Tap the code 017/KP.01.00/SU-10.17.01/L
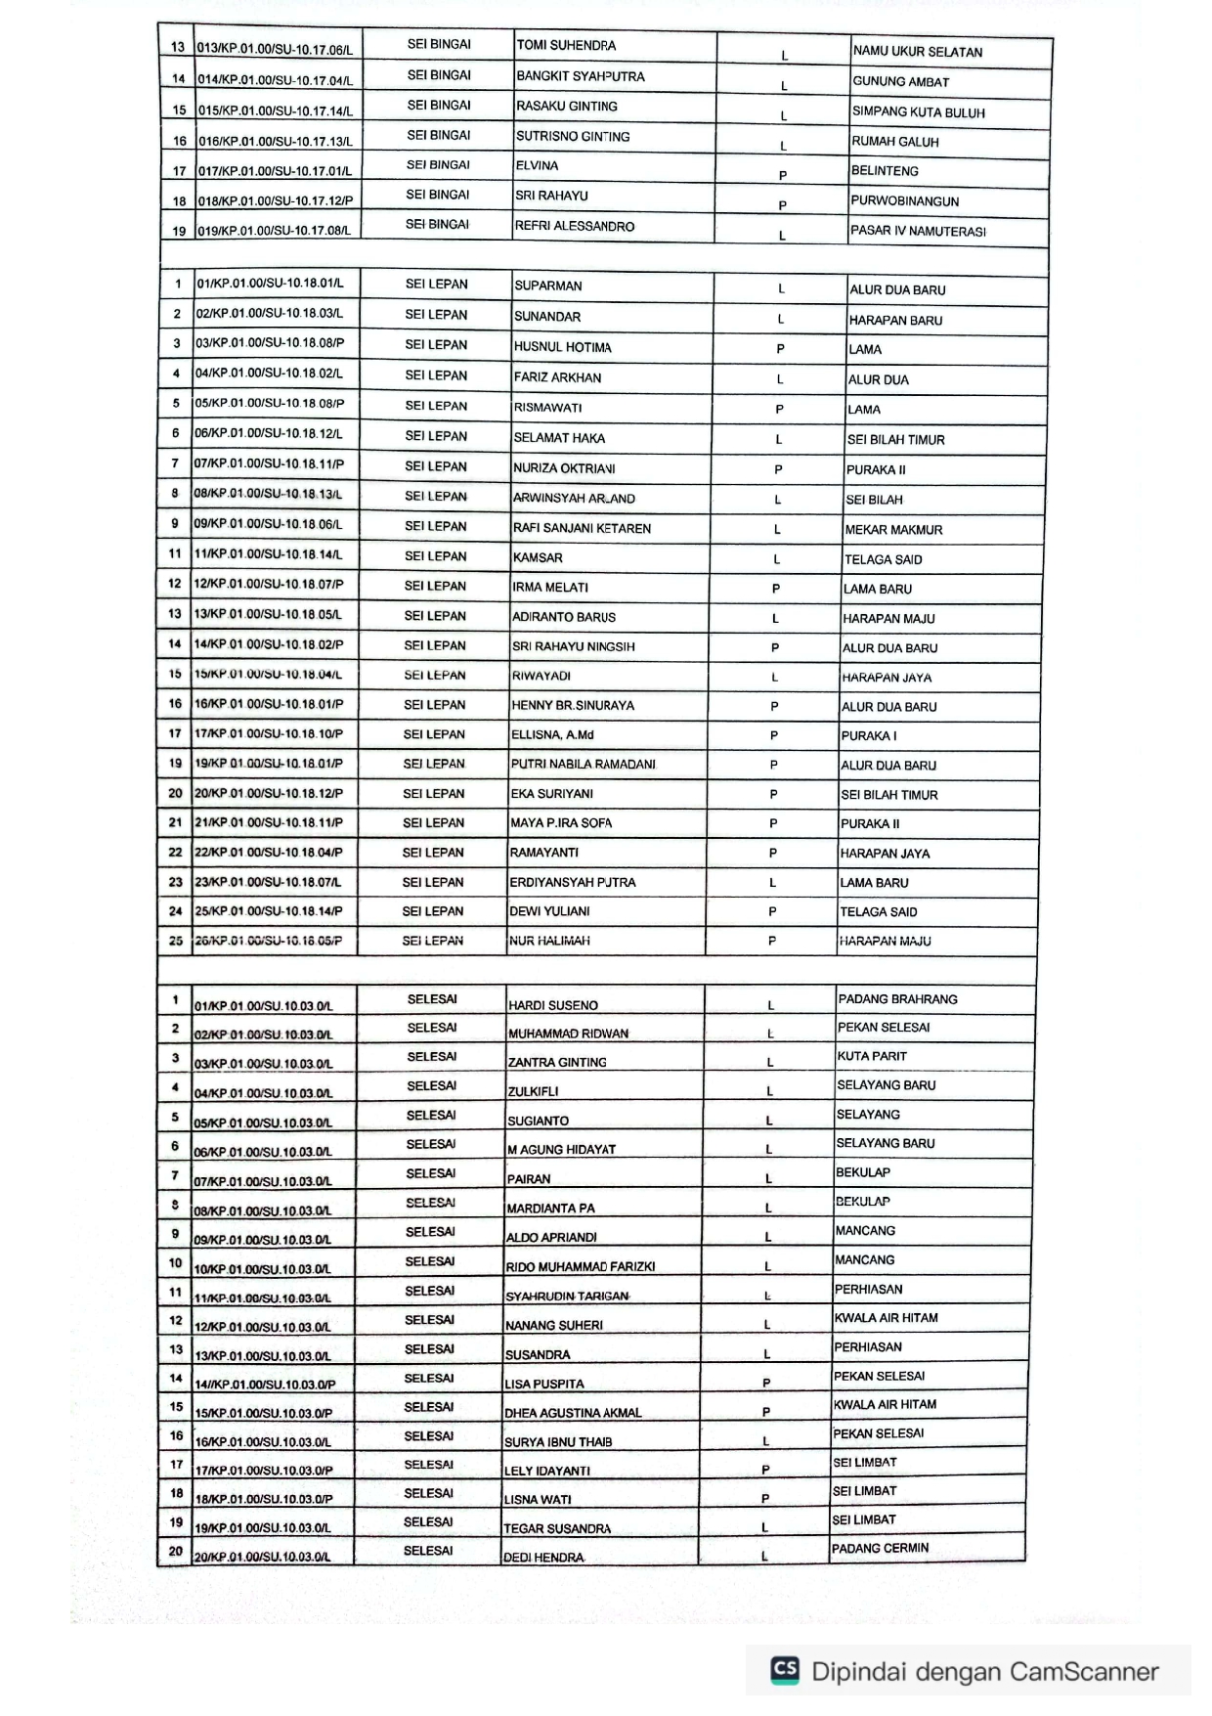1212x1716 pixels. (275, 171)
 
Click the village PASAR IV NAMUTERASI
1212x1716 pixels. (918, 232)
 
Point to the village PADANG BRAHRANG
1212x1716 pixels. (897, 999)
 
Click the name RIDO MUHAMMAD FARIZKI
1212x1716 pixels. (580, 1266)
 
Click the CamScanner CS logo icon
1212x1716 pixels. (785, 1669)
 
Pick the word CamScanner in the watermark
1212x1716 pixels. (1084, 1672)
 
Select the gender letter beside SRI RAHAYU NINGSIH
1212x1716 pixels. (775, 647)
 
